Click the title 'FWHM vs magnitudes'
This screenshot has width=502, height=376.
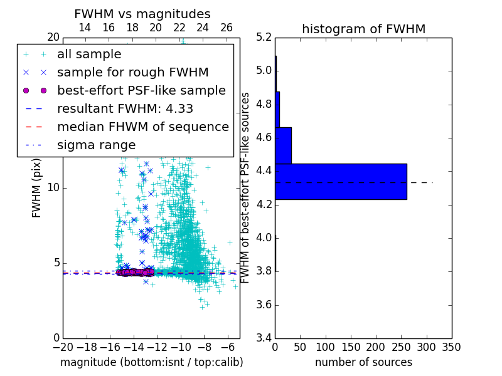tap(142, 14)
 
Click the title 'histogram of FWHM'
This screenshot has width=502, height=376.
tap(363, 29)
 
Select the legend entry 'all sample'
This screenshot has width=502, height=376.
tap(89, 55)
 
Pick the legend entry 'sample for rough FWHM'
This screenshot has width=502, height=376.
tap(132, 73)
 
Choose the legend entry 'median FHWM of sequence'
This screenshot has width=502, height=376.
tap(142, 127)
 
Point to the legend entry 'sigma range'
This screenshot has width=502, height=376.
tap(96, 145)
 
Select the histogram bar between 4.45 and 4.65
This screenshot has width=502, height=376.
tap(283, 145)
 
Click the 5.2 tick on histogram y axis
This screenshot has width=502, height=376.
tap(264, 37)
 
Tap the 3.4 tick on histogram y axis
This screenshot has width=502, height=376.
tap(264, 338)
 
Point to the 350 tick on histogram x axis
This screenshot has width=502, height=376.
tap(451, 347)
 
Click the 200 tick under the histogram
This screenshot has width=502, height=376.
tap(376, 347)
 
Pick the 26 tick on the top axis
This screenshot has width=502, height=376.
tap(227, 28)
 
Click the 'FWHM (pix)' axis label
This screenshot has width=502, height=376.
tap(37, 187)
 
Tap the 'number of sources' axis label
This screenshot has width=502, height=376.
tap(363, 362)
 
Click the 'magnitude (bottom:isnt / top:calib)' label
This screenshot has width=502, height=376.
tap(151, 362)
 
